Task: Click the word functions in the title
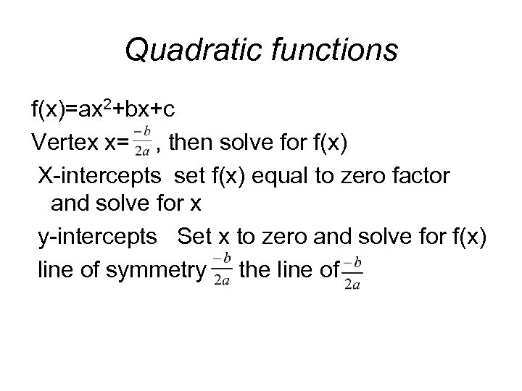(x=335, y=50)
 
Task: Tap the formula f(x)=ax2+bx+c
(x=101, y=110)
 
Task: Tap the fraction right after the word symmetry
(x=223, y=271)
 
